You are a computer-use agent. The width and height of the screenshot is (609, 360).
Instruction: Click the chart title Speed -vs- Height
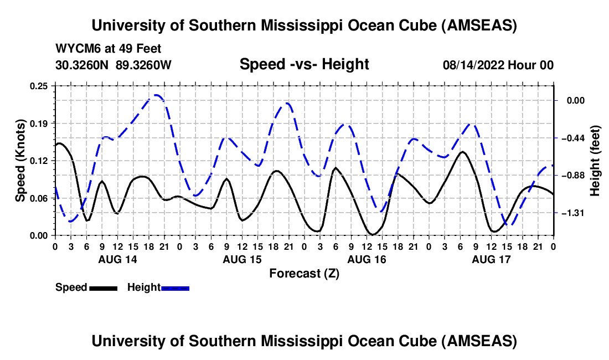point(304,64)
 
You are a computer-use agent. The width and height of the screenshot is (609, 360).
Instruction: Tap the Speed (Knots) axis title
point(20,160)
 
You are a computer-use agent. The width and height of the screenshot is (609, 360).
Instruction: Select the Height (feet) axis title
point(595,161)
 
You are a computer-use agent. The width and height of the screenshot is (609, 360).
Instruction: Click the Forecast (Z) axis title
point(304,273)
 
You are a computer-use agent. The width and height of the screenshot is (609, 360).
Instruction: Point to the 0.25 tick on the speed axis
point(39,85)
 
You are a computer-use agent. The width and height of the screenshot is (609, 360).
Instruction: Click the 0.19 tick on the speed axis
point(39,123)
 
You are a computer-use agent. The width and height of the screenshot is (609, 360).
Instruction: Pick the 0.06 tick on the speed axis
point(39,198)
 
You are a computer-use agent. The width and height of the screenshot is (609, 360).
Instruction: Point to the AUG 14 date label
point(117,259)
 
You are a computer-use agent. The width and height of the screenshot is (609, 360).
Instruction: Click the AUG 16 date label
point(366,259)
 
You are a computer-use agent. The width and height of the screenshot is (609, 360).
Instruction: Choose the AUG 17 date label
point(491,259)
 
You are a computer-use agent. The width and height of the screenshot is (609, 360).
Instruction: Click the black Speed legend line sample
point(104,287)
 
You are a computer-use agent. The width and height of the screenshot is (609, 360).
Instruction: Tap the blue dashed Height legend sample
point(176,287)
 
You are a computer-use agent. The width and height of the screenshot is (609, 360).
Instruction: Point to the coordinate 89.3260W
point(144,65)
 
